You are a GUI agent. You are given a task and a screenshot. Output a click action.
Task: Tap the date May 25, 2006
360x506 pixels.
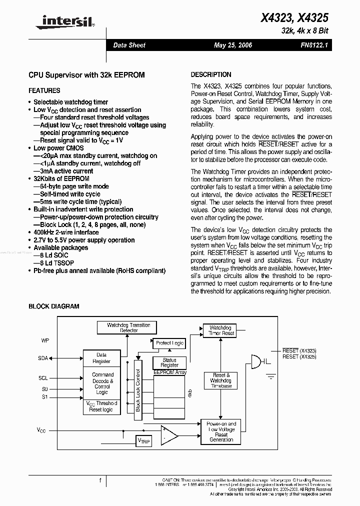(x=232, y=45)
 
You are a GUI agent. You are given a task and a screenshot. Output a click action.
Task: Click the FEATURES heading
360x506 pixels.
(x=44, y=90)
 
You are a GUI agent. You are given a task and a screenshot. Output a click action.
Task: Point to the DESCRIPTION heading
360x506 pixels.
(x=211, y=74)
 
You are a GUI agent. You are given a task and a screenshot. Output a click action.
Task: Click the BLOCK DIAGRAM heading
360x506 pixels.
(x=53, y=306)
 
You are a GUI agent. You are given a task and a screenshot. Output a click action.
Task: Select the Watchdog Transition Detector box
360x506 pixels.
(x=128, y=328)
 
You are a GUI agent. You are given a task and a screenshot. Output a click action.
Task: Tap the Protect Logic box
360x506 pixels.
(x=169, y=343)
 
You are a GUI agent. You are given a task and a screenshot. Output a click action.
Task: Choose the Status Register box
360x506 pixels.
(x=169, y=362)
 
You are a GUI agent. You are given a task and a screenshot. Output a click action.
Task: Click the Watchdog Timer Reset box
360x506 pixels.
(x=221, y=330)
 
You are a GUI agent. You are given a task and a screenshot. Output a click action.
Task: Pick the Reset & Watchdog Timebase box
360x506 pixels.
(x=221, y=380)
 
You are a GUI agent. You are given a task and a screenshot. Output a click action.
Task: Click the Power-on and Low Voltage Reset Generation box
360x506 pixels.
(x=221, y=431)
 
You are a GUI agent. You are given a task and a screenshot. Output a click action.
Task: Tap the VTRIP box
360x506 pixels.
(x=143, y=441)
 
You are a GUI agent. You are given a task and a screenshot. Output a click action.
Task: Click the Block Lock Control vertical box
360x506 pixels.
(x=138, y=386)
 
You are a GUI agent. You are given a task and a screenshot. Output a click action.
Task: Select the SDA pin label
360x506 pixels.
(x=43, y=358)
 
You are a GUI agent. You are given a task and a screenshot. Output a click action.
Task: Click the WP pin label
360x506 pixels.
(x=45, y=340)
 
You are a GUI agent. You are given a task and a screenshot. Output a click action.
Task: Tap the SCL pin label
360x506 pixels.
(x=43, y=378)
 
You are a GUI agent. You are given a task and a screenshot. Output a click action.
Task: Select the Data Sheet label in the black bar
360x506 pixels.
(x=129, y=45)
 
